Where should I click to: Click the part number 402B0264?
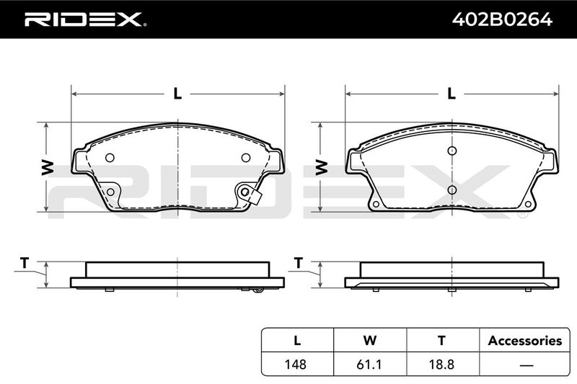(x=502, y=19)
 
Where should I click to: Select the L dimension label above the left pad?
(x=177, y=94)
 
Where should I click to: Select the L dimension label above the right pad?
(x=452, y=94)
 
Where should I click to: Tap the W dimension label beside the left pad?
(x=48, y=168)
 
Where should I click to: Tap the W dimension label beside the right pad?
(x=322, y=168)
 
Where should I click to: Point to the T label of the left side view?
(x=25, y=263)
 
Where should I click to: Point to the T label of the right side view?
(x=299, y=263)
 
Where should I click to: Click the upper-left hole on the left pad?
(x=110, y=158)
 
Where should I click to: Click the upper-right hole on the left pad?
(x=246, y=158)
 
